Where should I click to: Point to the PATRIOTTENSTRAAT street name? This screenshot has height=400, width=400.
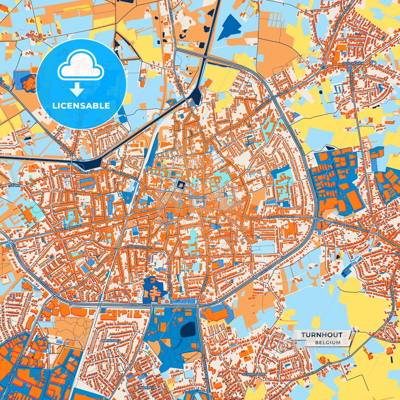tap(137, 247)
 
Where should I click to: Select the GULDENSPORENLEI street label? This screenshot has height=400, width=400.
tap(124, 176)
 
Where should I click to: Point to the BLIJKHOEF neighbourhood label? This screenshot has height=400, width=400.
tap(111, 340)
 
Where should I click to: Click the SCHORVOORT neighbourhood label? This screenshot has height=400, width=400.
tap(254, 374)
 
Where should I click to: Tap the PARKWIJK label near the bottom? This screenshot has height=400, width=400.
tap(147, 388)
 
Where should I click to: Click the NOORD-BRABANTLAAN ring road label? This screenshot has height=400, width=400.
tap(297, 145)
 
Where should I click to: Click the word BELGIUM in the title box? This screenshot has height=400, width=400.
tap(327, 342)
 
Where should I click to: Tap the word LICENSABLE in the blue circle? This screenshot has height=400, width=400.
tap(81, 105)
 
